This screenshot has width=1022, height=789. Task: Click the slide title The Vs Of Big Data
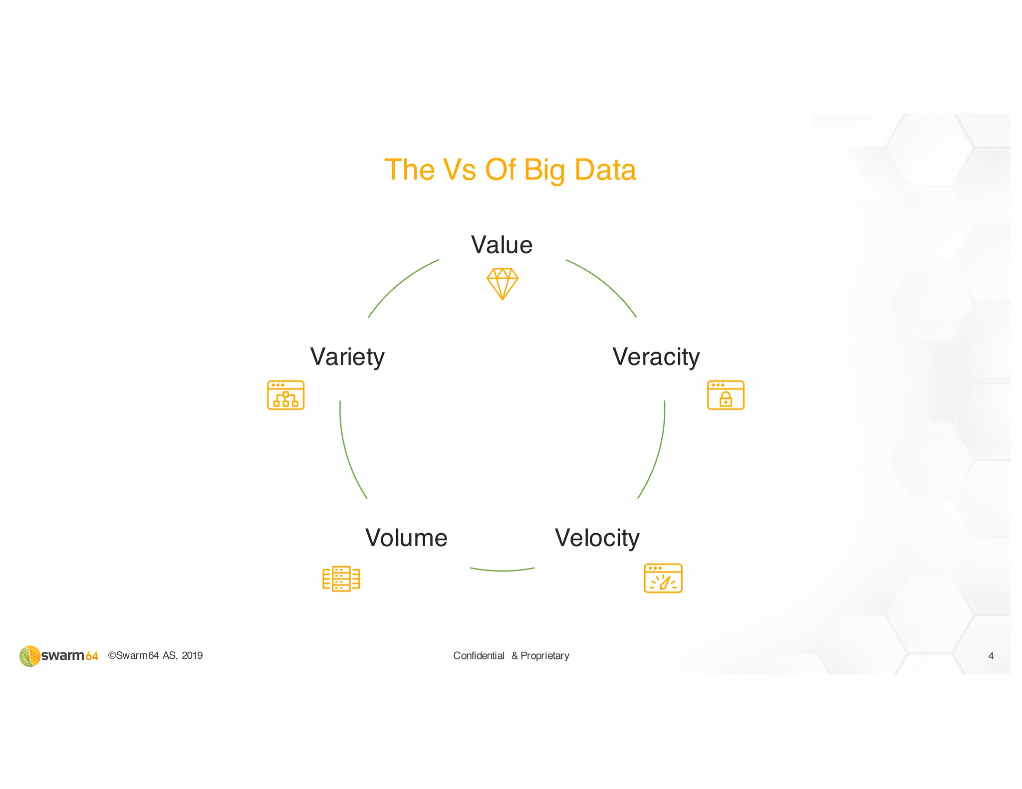[x=510, y=170]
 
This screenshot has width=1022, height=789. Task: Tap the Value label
[x=502, y=245]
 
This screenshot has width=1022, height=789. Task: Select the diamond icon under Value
[x=503, y=284]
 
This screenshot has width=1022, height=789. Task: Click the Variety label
[x=347, y=357]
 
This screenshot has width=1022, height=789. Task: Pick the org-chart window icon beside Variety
[x=285, y=395]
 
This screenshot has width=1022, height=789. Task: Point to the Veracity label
[x=656, y=357]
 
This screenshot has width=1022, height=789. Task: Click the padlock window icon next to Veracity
[x=726, y=395]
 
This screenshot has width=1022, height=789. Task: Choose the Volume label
[x=406, y=538]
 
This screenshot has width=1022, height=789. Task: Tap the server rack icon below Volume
[x=341, y=579]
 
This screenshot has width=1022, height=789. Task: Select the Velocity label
[x=597, y=538]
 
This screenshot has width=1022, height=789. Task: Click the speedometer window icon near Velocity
[x=663, y=578]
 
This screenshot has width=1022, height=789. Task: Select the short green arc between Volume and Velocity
[x=502, y=570]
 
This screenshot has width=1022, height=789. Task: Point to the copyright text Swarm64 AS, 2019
[x=155, y=655]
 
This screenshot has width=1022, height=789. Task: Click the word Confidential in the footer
[x=479, y=656]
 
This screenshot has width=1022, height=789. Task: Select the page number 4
[x=991, y=656]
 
